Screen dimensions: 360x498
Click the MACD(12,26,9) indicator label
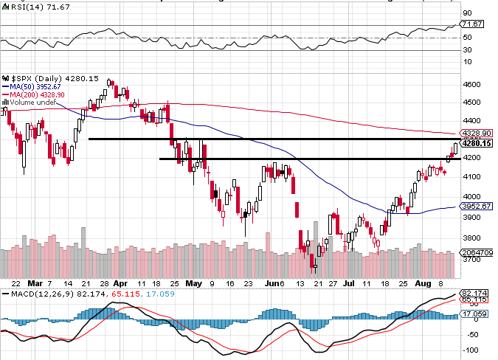coord(37,294)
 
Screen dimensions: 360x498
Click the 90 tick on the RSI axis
coord(467,13)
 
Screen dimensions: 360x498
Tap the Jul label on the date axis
coord(347,283)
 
